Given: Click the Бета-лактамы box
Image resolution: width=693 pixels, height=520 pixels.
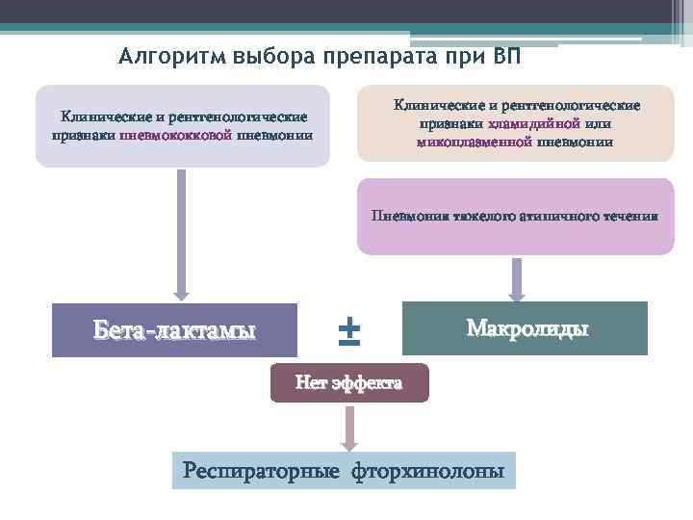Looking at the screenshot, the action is (174, 330).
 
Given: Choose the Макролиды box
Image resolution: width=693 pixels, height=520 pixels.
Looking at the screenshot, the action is (526, 327).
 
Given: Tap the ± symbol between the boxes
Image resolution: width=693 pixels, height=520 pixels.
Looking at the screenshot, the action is (348, 329).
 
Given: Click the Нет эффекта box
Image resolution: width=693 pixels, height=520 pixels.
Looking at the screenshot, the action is (348, 383).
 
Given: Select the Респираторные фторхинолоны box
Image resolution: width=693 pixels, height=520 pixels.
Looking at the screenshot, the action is (344, 471).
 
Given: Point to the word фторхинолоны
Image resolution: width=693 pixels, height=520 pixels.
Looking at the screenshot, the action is (427, 471).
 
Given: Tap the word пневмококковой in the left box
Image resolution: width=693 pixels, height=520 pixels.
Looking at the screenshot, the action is (175, 135).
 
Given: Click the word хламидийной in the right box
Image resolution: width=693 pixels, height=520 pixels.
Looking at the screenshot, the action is (533, 124).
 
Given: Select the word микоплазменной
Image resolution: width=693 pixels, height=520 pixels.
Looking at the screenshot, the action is (475, 142).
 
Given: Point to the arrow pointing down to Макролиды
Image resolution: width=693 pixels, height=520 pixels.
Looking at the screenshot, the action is (517, 279).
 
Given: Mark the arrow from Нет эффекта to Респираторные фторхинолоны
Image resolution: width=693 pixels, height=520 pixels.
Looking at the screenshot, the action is (348, 427).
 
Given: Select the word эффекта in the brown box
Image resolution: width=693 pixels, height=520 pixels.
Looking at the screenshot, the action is (366, 383).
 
